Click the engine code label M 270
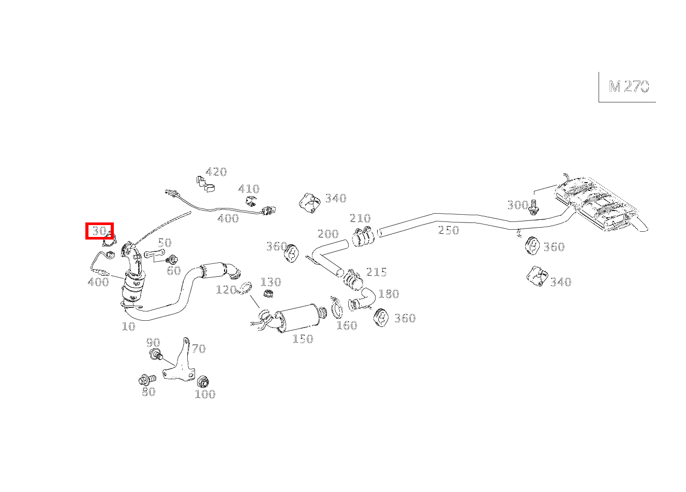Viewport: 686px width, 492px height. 629,86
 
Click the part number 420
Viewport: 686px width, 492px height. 216,172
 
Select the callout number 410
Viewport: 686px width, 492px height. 249,189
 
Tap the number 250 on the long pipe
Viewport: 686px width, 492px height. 449,230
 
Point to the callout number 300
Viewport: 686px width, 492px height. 517,205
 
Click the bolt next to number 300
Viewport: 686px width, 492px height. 534,207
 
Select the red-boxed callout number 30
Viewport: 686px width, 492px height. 99,231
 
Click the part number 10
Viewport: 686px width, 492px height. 128,326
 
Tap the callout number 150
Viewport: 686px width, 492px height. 303,339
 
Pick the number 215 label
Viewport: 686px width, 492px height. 376,272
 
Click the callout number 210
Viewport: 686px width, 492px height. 360,218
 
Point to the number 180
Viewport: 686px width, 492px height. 389,294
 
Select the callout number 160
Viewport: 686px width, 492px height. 347,325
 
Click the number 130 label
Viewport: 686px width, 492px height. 271,282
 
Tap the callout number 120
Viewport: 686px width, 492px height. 226,290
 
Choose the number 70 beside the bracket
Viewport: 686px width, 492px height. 199,349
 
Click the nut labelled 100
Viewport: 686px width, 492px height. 203,382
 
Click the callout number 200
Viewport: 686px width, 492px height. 327,234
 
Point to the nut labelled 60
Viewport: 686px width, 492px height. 172,259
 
